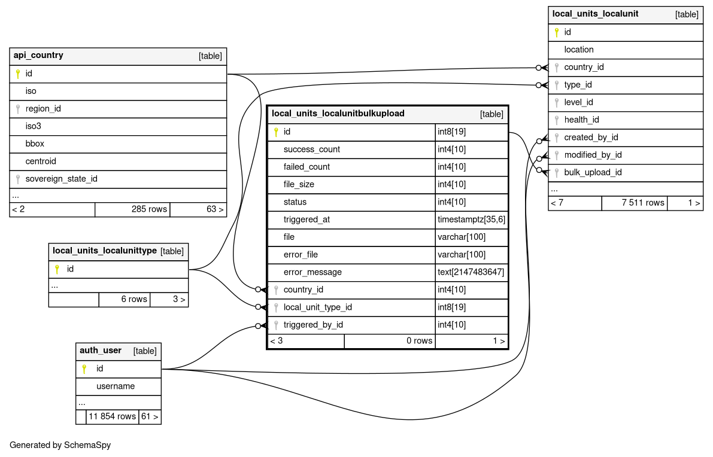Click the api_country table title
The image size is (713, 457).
coord(38,56)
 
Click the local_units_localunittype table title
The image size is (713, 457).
coord(105,251)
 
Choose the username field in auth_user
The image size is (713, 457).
coord(116,386)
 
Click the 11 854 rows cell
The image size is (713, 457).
coord(112,416)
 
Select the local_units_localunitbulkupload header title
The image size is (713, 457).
coord(338,113)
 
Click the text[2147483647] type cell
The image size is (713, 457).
coord(471,272)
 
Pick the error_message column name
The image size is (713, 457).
coord(312,272)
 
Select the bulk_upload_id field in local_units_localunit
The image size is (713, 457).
coord(593,172)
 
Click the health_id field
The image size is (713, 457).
coord(581,120)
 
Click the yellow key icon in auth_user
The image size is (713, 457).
coord(84,368)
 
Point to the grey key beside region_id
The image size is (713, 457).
coord(18,109)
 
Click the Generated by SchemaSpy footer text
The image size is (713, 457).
coord(60,445)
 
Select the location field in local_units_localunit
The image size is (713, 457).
coord(579,50)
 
